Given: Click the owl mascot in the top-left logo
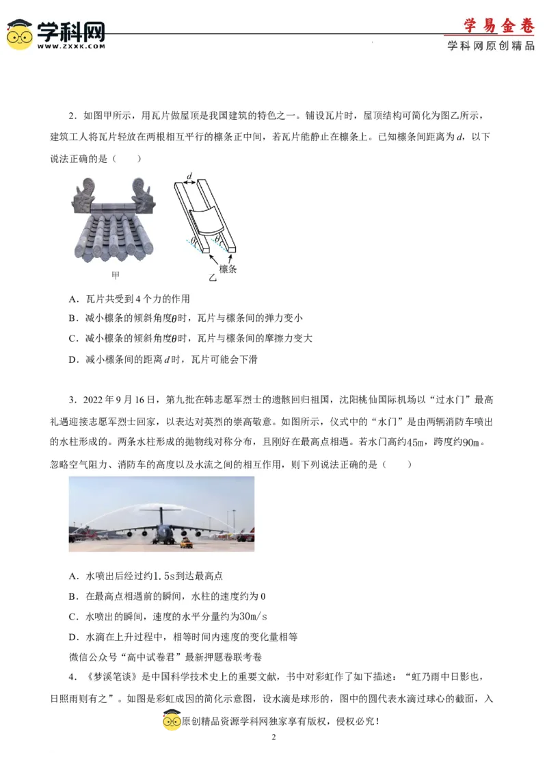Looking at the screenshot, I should (19, 34).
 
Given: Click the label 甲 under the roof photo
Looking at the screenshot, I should (116, 275).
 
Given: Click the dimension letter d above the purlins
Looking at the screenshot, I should (189, 176).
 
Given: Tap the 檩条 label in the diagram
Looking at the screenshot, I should (228, 269).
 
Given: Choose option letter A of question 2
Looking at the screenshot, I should (72, 299).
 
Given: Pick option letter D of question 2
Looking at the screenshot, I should (72, 359).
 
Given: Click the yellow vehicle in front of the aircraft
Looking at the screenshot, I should (184, 544).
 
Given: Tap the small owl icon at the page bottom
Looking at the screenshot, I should (172, 722).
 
